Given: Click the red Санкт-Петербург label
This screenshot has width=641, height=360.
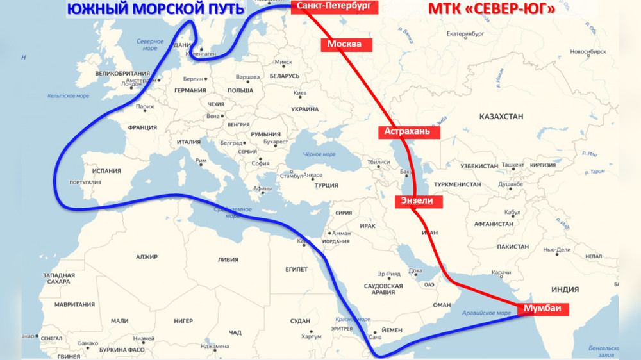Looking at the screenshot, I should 334,7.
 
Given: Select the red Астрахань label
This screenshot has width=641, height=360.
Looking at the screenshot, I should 412,132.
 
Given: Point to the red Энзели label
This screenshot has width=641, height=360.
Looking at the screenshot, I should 417,200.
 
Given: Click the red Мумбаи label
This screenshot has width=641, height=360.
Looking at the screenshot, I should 542,309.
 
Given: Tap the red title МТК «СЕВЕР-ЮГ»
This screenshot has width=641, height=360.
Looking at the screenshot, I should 491,9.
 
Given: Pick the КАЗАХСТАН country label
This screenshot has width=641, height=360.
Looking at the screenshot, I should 501,116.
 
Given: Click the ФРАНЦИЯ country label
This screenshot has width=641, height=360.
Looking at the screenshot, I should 142,127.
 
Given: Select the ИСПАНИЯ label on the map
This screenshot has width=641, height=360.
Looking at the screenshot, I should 106,171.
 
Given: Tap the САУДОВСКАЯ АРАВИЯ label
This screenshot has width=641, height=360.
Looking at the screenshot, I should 383,288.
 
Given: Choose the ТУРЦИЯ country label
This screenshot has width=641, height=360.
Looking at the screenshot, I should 326,186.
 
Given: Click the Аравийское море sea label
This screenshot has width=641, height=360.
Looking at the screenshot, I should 487,313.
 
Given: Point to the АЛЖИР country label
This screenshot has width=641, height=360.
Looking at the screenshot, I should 146,257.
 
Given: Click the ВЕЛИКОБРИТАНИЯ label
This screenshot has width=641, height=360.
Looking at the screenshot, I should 122,74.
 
